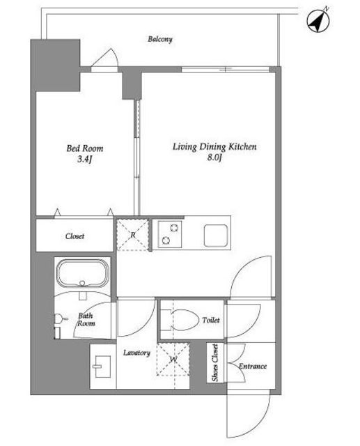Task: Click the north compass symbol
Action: click(318, 21)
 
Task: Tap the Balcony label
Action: click(160, 39)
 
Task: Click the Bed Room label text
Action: click(85, 148)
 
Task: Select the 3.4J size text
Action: click(85, 160)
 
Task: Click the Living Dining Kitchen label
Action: click(214, 147)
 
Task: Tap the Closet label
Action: click(75, 236)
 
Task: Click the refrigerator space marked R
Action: click(133, 235)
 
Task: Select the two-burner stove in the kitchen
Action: click(170, 234)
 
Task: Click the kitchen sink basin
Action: click(216, 236)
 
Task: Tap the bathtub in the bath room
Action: click(83, 273)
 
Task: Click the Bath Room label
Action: click(86, 319)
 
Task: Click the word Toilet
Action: click(211, 320)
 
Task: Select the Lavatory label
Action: click(136, 353)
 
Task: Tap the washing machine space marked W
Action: click(173, 360)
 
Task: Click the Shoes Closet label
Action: click(215, 362)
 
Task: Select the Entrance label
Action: click(253, 366)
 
